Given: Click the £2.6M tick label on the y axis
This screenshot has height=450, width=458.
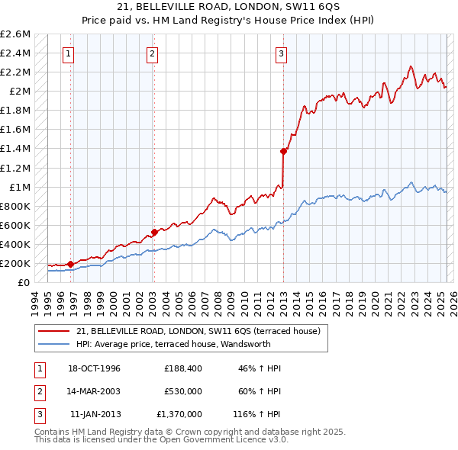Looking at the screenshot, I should tap(16, 34).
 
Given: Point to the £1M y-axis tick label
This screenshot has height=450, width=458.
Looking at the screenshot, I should tap(19, 187).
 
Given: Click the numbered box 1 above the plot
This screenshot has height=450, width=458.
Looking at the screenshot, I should tap(69, 53).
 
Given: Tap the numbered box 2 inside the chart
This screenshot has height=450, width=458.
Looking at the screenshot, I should tap(153, 53).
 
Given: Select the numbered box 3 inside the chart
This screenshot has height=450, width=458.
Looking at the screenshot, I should tap(282, 53).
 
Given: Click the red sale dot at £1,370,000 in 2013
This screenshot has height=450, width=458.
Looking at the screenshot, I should tap(283, 151).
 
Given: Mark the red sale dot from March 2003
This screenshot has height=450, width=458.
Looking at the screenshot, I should tap(154, 232).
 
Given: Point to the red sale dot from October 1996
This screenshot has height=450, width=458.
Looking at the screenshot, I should tap(71, 264).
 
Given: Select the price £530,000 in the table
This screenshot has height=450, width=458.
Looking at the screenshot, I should tap(183, 391).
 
